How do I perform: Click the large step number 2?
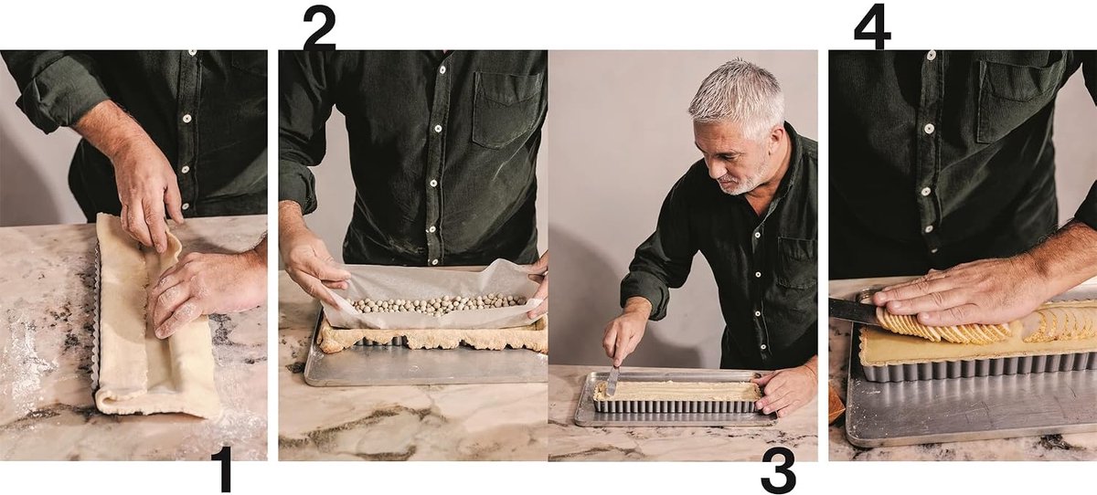[x=319, y=28]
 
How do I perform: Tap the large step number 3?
[x=778, y=472]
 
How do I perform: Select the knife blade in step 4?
[x=853, y=311]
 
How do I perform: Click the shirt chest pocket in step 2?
[x=508, y=109]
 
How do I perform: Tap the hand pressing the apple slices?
[x=960, y=296]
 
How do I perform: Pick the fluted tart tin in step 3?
[x=677, y=403]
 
